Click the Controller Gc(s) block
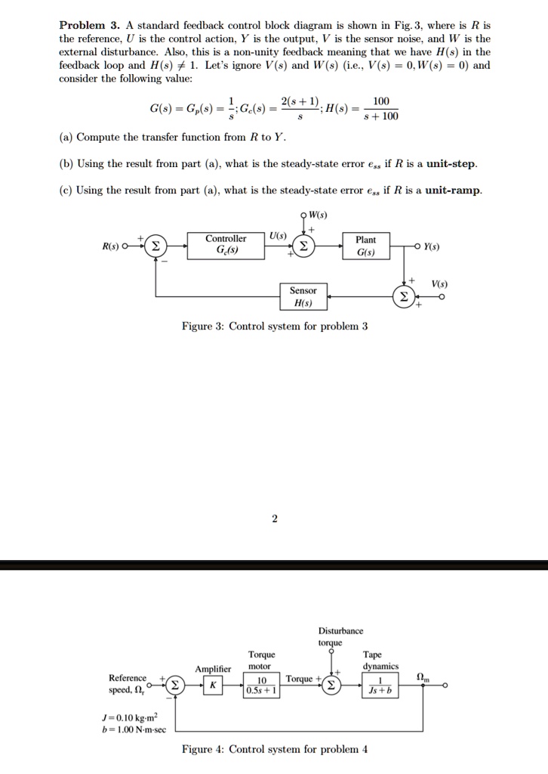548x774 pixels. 226,246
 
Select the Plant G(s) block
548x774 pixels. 365,246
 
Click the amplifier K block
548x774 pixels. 212,685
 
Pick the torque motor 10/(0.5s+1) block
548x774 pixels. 261,685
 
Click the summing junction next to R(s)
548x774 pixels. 155,246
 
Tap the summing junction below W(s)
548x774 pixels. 303,246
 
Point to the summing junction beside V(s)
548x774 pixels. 404,297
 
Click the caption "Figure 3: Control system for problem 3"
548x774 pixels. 275,327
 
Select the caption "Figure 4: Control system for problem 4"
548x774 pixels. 275,750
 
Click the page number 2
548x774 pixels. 275,519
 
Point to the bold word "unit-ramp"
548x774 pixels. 452,190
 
